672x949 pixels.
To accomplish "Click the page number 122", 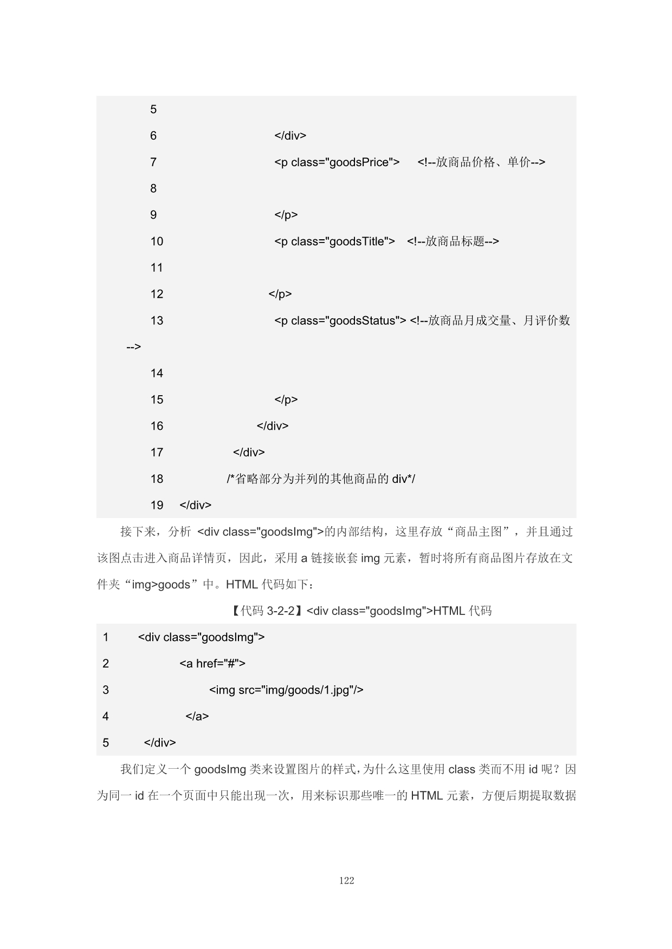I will click(346, 880).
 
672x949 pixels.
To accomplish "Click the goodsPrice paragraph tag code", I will click(337, 162).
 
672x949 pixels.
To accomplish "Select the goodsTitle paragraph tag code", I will click(334, 241).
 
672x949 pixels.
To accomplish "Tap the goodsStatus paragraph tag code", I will click(340, 321).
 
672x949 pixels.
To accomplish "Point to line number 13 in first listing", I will click(157, 321).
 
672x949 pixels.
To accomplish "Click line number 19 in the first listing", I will click(157, 506).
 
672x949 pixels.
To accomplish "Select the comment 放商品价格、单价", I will click(481, 162).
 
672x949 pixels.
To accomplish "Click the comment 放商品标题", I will click(453, 241).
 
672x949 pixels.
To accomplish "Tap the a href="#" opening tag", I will click(212, 664).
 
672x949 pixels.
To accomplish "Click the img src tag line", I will click(286, 690).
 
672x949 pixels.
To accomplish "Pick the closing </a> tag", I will click(197, 717).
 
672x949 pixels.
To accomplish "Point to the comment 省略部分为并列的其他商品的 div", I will click(321, 479).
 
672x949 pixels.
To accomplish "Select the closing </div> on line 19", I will click(195, 506).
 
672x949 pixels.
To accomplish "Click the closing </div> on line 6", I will click(290, 136).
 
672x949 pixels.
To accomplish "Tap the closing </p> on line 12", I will click(280, 294).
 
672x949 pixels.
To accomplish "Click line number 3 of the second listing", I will click(106, 690).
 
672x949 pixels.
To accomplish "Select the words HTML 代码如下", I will click(269, 585).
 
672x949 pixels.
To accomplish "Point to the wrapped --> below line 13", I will click(133, 347).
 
